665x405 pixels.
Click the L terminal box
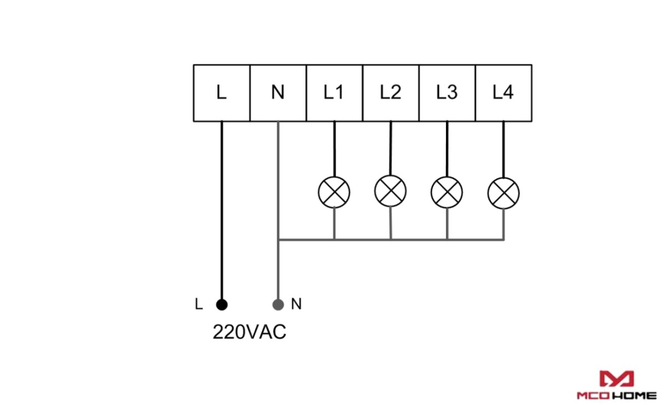222,93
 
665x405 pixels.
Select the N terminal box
278,93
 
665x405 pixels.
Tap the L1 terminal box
334,93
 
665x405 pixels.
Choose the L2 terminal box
391,93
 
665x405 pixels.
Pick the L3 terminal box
448,93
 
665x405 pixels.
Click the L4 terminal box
504,93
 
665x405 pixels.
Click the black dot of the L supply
222,304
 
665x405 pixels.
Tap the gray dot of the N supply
278,304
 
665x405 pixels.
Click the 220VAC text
250,332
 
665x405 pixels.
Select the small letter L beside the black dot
199,304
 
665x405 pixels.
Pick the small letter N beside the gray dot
297,304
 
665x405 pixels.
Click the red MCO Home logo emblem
617,379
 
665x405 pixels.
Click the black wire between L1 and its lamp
334,149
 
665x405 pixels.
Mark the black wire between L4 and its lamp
504,149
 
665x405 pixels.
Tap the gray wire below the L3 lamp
448,224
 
